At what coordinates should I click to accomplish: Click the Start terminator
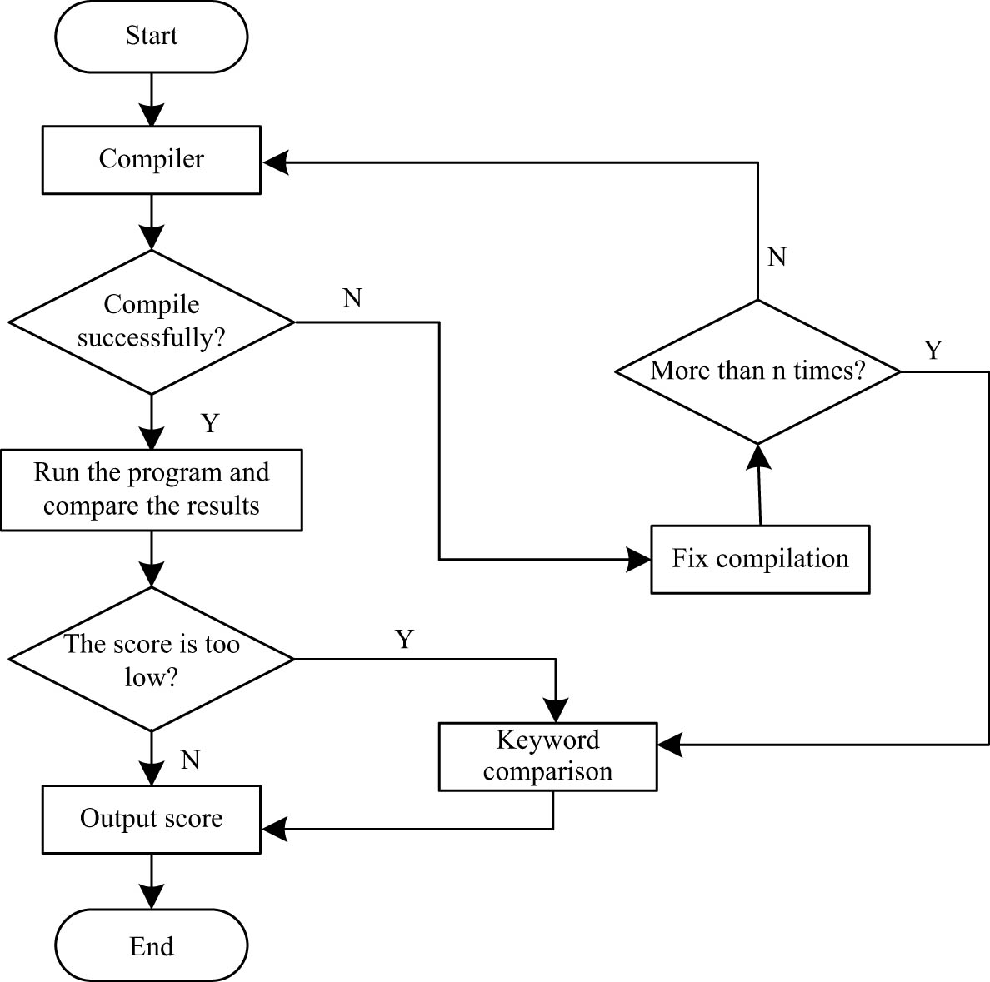coord(151,36)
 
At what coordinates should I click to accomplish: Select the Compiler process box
coord(151,159)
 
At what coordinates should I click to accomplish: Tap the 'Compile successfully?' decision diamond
coord(151,322)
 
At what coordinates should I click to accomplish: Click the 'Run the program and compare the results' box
coord(151,490)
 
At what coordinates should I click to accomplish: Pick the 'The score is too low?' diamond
coord(151,660)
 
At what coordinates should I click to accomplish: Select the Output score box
coord(151,818)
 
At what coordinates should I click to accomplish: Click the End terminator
coord(151,946)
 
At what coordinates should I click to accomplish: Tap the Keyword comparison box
coord(547,755)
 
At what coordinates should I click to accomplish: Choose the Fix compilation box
coord(760,559)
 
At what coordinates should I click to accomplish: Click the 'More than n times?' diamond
coord(757,371)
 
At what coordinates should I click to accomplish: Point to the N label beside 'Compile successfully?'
coord(352,298)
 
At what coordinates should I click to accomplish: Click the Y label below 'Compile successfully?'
coord(210,423)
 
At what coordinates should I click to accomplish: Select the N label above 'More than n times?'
coord(777,257)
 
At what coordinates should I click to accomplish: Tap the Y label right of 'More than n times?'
coord(933,351)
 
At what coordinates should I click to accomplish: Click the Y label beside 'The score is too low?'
coord(404,639)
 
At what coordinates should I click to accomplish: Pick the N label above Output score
coord(191,760)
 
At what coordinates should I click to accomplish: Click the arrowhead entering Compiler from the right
coord(275,163)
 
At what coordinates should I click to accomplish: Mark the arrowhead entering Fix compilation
coord(638,560)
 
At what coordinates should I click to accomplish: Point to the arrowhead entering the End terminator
coord(152,896)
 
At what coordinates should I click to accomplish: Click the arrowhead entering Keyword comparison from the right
coord(670,744)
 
